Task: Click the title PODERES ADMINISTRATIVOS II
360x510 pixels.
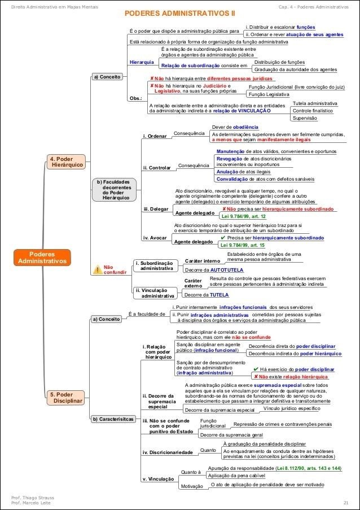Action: [180, 12]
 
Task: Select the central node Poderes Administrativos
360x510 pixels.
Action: [42, 258]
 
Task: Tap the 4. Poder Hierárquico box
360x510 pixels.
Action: [66, 162]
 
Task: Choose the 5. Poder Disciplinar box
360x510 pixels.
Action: [66, 397]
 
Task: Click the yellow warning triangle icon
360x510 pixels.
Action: [97, 269]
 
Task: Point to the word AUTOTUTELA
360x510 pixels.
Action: [228, 271]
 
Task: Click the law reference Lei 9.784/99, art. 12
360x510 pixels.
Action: [243, 216]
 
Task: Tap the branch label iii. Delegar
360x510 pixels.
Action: [156, 209]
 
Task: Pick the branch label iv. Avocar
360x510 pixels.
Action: [154, 238]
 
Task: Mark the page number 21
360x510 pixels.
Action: [345, 502]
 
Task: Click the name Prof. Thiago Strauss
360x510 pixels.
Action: [33, 496]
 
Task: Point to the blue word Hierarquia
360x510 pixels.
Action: [142, 62]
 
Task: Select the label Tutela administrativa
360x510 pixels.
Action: [315, 103]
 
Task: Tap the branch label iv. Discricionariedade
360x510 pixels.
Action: [168, 452]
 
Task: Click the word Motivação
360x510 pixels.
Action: [191, 486]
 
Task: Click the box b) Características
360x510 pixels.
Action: [113, 419]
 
